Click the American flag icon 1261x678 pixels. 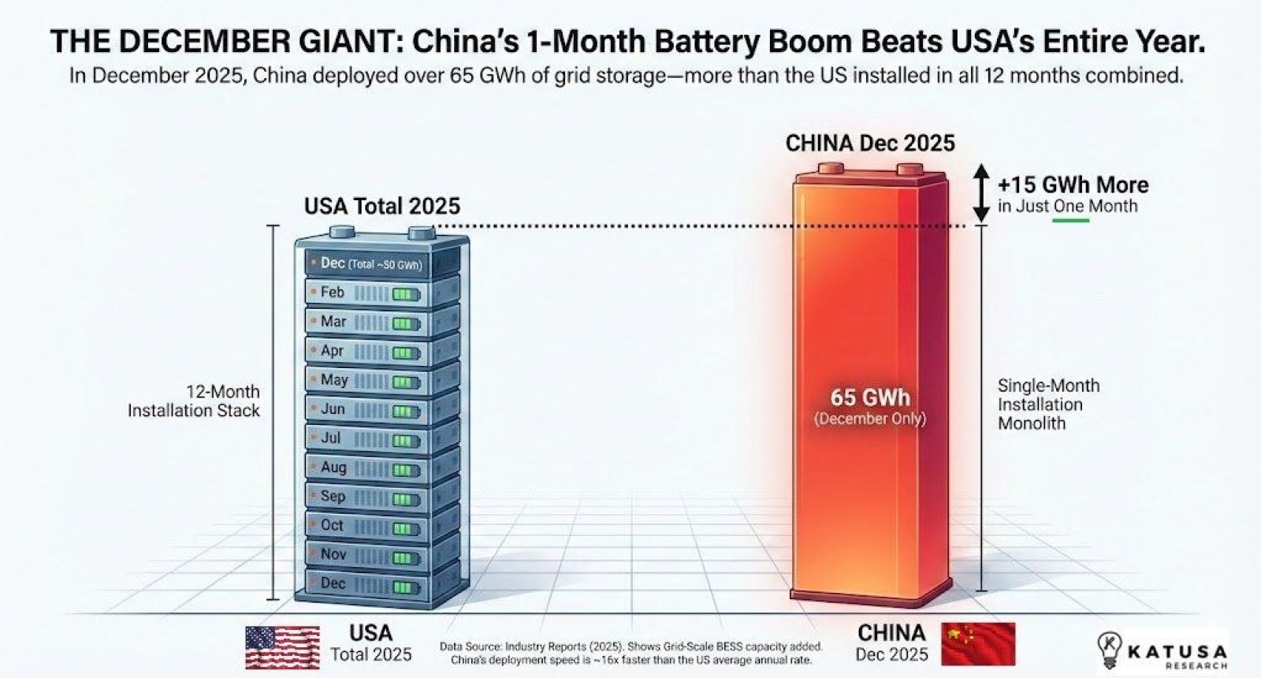(x=282, y=647)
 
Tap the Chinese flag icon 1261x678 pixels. (x=978, y=643)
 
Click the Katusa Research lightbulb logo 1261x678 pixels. (x=1110, y=650)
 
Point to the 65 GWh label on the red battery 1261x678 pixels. (x=869, y=397)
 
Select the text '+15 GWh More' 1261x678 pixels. (x=1073, y=185)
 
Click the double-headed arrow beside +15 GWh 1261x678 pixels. (x=980, y=192)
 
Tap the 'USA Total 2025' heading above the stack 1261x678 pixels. (x=382, y=207)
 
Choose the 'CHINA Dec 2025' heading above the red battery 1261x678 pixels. (x=870, y=143)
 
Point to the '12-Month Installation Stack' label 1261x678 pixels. (x=194, y=401)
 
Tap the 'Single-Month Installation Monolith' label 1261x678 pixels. (x=1047, y=404)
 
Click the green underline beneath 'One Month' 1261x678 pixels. (x=1071, y=221)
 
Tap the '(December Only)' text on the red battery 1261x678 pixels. (x=869, y=419)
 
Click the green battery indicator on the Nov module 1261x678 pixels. (x=406, y=558)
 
